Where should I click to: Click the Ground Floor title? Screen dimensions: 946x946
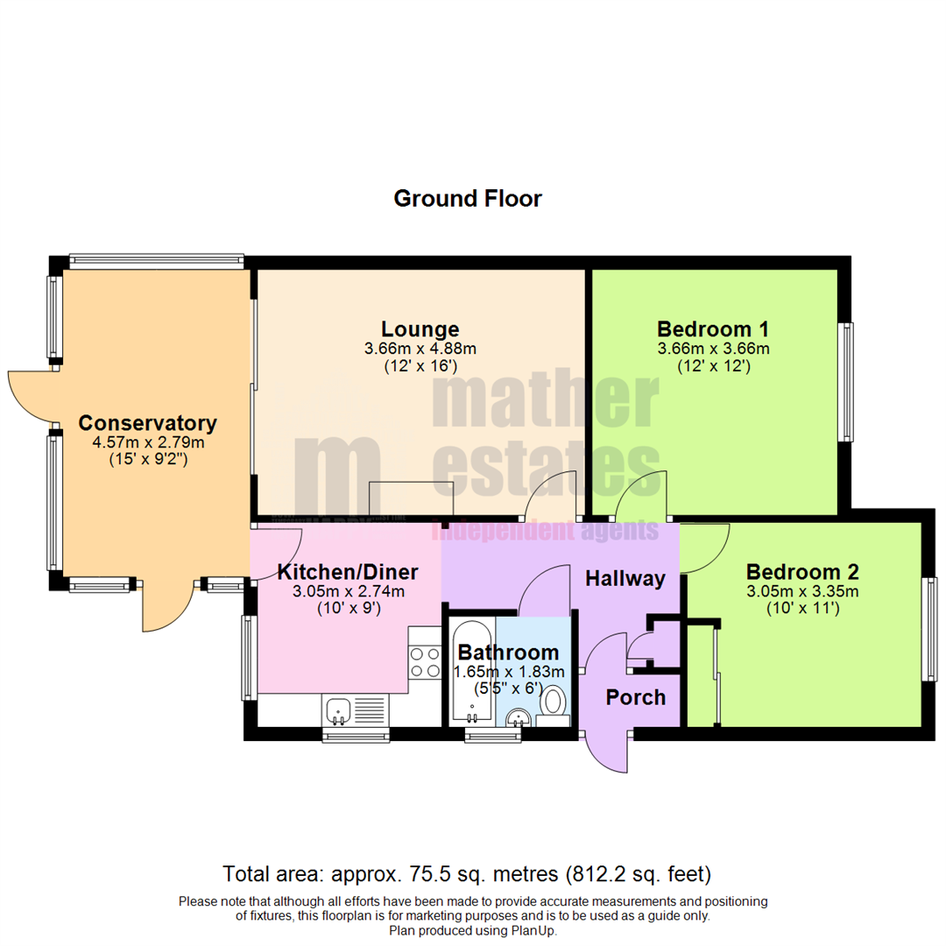pyautogui.click(x=467, y=199)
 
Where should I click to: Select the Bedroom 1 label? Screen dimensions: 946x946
pyautogui.click(x=713, y=329)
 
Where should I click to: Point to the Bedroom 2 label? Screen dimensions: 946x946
pyautogui.click(x=802, y=572)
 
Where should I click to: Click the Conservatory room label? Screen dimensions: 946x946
pyautogui.click(x=148, y=423)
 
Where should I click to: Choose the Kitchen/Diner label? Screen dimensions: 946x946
pyautogui.click(x=347, y=572)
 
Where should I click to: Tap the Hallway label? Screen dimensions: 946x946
pyautogui.click(x=625, y=578)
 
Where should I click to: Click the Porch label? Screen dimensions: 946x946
pyautogui.click(x=637, y=697)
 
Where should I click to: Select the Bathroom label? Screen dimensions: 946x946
pyautogui.click(x=508, y=652)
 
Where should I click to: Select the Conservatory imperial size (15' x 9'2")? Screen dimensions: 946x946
pyautogui.click(x=148, y=458)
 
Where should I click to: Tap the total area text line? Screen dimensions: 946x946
pyautogui.click(x=467, y=873)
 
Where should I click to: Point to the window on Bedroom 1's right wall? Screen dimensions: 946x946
pyautogui.click(x=847, y=381)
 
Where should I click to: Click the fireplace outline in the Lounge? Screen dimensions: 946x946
pyautogui.click(x=410, y=499)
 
